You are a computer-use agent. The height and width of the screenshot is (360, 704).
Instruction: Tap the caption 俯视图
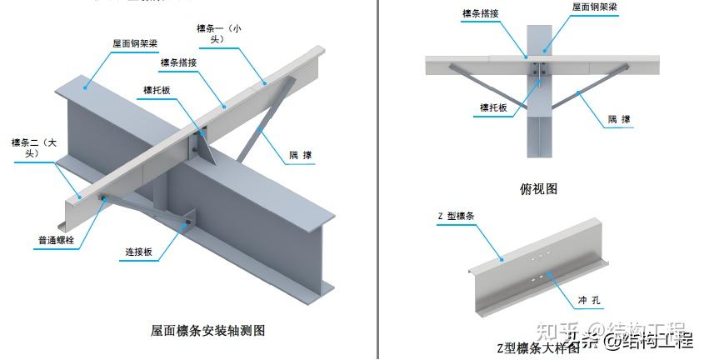click(x=538, y=189)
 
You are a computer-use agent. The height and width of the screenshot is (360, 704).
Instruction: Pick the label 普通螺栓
click(x=56, y=242)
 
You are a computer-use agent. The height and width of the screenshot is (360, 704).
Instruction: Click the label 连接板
click(x=142, y=252)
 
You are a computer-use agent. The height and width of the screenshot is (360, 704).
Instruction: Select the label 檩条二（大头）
click(x=32, y=147)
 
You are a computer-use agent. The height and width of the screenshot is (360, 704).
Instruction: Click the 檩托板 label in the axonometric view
click(x=157, y=90)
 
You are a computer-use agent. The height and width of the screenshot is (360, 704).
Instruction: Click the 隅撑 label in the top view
click(x=619, y=120)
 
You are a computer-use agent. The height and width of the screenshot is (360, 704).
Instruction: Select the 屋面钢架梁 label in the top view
click(x=594, y=7)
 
